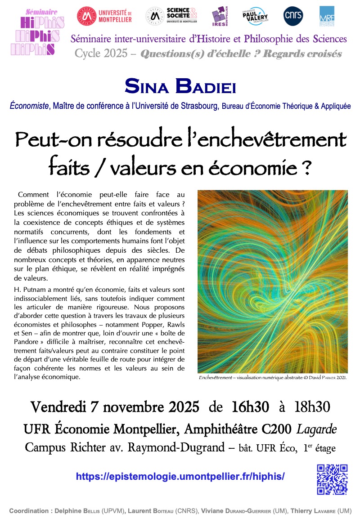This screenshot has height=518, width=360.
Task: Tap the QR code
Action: click(332, 479)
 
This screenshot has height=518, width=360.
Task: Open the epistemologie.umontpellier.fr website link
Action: click(180, 476)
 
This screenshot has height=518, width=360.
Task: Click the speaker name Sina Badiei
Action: click(180, 86)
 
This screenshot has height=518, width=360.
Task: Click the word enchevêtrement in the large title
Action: click(278, 140)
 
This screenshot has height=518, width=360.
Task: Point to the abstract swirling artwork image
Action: click(272, 281)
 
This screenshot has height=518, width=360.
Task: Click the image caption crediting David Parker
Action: click(272, 378)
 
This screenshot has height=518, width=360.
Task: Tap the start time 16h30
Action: click(250, 407)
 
